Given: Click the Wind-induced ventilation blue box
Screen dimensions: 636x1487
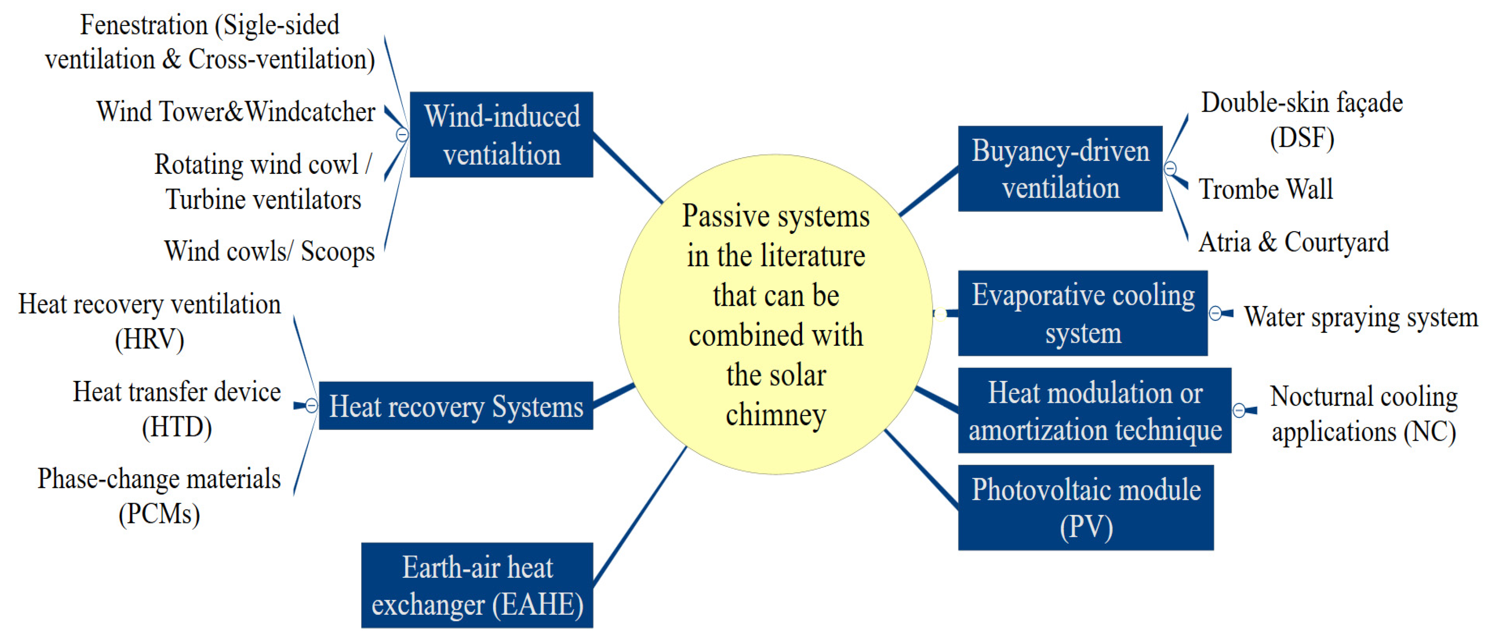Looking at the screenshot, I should pos(501,134).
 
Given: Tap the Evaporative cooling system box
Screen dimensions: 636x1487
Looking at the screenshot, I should pos(1082,313).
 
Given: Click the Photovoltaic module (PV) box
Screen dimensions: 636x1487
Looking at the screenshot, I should pos(1085,507).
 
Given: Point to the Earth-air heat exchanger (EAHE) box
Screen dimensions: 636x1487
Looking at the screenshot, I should pos(477,585).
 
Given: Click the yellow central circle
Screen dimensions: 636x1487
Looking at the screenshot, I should pos(775,314).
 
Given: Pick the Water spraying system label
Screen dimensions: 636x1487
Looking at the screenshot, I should pos(1360,317).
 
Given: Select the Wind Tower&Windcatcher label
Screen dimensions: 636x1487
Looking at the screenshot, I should pos(235,111).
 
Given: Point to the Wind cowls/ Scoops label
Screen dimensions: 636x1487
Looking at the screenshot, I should pos(269,251).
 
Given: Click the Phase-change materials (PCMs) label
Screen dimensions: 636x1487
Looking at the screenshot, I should pos(159,496).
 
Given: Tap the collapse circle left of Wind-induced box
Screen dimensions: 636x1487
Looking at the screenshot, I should pos(402,134).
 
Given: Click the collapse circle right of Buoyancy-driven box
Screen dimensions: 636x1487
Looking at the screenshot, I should pos(1170,169).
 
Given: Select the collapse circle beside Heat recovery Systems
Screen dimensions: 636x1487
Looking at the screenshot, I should pos(311,406).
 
